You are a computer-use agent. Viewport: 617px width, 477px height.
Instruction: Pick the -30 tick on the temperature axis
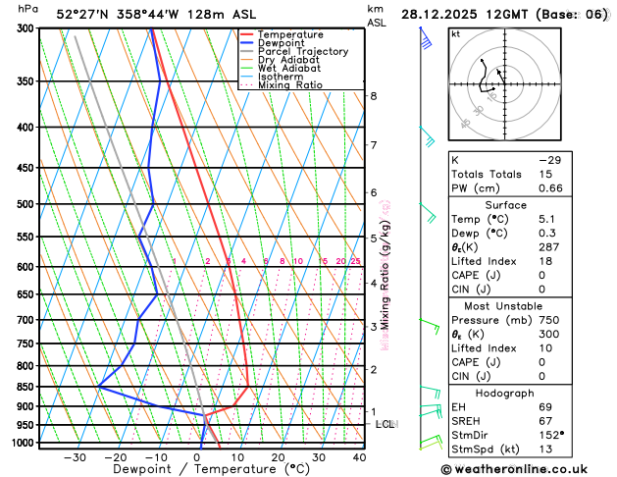(x=75, y=457)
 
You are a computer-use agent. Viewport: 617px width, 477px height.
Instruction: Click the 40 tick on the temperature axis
(x=360, y=457)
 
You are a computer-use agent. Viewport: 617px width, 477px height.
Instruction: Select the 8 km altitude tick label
(x=374, y=96)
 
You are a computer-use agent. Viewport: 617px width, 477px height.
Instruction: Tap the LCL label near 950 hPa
(x=386, y=424)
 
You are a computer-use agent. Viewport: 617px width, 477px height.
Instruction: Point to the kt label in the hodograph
(x=455, y=33)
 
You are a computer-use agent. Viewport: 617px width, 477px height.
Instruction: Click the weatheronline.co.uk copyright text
(x=526, y=470)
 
